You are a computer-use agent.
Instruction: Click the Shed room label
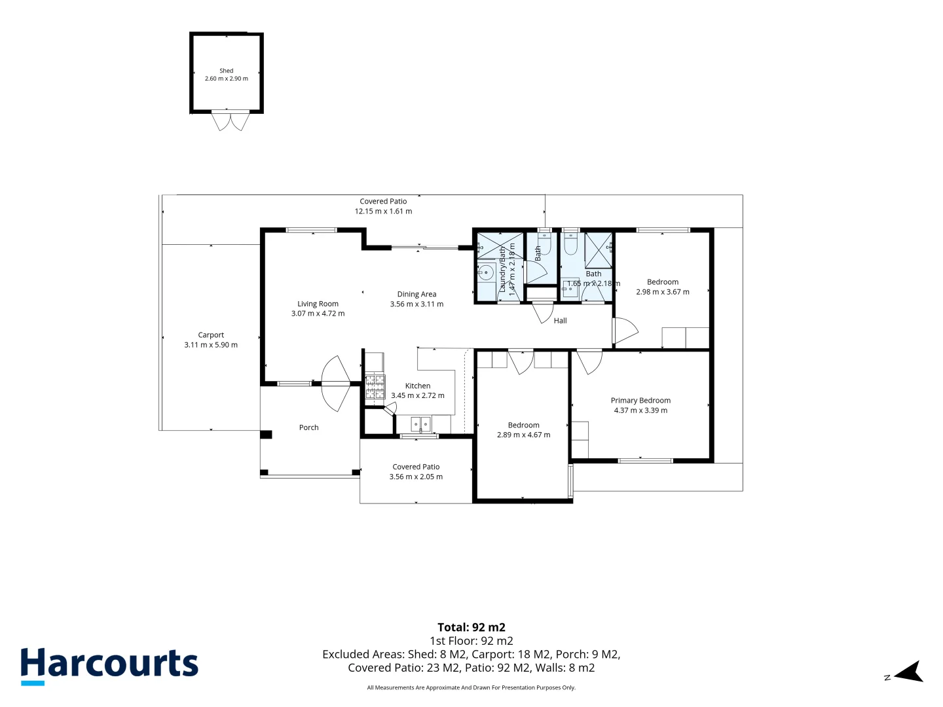pyautogui.click(x=227, y=71)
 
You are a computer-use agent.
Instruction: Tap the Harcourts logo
pyautogui.click(x=109, y=664)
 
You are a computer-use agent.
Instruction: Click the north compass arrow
pyautogui.click(x=909, y=672)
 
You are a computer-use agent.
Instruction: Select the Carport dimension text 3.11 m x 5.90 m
pyautogui.click(x=211, y=345)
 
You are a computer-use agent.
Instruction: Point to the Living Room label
pyautogui.click(x=318, y=304)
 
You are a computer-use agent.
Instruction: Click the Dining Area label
pyautogui.click(x=416, y=295)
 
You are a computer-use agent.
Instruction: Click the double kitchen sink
pyautogui.click(x=421, y=424)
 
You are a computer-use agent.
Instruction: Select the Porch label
pyautogui.click(x=309, y=427)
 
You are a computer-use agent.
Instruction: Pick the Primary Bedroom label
pyautogui.click(x=640, y=401)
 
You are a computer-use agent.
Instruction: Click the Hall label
pyautogui.click(x=561, y=321)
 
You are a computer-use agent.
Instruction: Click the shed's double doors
pyautogui.click(x=231, y=121)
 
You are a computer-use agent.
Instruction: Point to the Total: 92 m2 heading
pyautogui.click(x=471, y=627)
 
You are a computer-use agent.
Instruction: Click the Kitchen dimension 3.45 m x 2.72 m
pyautogui.click(x=418, y=395)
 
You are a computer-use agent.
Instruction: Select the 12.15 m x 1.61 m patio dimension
pyautogui.click(x=384, y=211)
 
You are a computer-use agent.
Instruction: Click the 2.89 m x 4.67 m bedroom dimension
pyautogui.click(x=524, y=435)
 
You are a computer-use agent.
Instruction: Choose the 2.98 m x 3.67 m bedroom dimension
pyautogui.click(x=663, y=292)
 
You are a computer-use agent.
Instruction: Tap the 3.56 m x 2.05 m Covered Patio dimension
pyautogui.click(x=416, y=477)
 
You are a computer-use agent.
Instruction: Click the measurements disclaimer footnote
pyautogui.click(x=471, y=687)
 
